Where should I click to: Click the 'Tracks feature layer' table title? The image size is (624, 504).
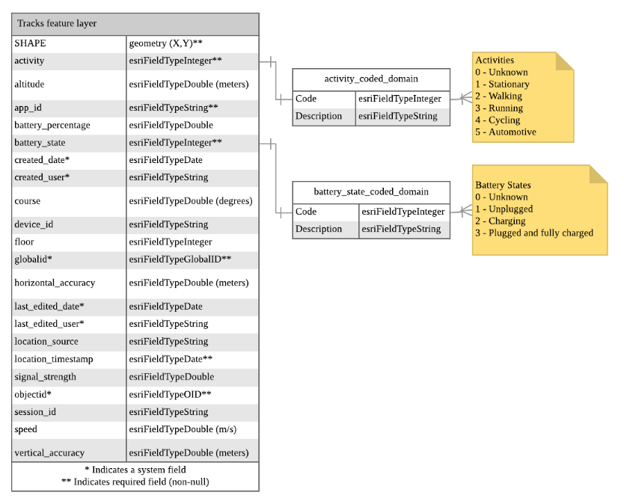pos(57,24)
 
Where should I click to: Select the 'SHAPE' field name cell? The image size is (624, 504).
pos(30,43)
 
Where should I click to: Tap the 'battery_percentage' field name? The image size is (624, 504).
pos(52,125)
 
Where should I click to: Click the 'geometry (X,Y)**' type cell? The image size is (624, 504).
pos(165,43)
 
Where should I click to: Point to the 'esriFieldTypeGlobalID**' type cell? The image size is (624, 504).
pos(180,259)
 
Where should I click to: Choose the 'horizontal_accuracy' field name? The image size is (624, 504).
pos(55,283)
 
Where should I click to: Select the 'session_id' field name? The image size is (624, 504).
pos(35,412)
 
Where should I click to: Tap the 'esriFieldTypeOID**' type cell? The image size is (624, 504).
pos(170,394)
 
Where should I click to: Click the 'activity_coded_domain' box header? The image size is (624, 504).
pos(371,79)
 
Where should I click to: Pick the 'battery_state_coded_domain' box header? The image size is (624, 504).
pos(371,192)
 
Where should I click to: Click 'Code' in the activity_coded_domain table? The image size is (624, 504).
pos(306,98)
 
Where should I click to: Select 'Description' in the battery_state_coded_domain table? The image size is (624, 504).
pos(319,229)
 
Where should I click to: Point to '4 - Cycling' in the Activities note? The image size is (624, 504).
pos(498,120)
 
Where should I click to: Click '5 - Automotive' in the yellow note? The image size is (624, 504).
pos(506,132)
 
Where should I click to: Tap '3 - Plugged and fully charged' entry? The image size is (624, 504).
pos(534,233)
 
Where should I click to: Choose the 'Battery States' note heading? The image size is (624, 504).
pos(503,185)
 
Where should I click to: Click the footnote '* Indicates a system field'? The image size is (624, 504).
pos(135,470)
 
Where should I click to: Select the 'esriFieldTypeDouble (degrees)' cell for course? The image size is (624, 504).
pos(191,201)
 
